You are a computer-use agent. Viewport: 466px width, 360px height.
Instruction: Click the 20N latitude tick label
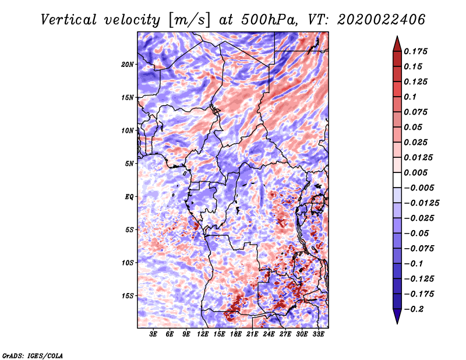coord(128,65)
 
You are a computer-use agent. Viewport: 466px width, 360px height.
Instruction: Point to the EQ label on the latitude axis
coord(129,197)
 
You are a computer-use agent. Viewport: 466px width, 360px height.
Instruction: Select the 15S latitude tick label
coord(128,296)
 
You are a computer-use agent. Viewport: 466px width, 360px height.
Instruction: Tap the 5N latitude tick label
coord(129,164)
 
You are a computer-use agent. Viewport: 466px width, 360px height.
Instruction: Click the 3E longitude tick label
coord(153,334)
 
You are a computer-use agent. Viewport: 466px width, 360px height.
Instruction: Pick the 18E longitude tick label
coord(236,334)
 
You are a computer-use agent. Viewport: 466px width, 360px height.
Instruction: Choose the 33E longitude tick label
coord(318,334)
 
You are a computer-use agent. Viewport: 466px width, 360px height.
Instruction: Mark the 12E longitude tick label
coord(203,334)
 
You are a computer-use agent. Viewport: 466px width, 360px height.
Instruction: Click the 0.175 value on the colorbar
coord(415,51)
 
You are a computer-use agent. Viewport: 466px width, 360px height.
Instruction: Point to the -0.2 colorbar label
coord(414,309)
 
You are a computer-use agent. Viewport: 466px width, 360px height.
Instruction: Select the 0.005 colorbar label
coord(415,172)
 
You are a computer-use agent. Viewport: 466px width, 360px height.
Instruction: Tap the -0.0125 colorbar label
coord(422,203)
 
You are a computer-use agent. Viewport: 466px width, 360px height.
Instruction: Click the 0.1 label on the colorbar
coord(410,97)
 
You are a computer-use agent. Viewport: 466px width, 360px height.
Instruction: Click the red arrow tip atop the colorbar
coord(397,36)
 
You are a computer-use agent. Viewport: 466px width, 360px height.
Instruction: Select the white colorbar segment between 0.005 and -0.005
coord(397,180)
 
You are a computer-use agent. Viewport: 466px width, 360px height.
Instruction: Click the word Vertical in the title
coord(69,20)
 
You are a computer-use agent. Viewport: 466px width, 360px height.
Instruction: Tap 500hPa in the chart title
coord(269,20)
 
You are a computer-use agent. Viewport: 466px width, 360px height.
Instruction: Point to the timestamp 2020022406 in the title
coord(382,20)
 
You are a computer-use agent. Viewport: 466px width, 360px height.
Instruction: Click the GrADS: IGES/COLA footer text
coord(33,356)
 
